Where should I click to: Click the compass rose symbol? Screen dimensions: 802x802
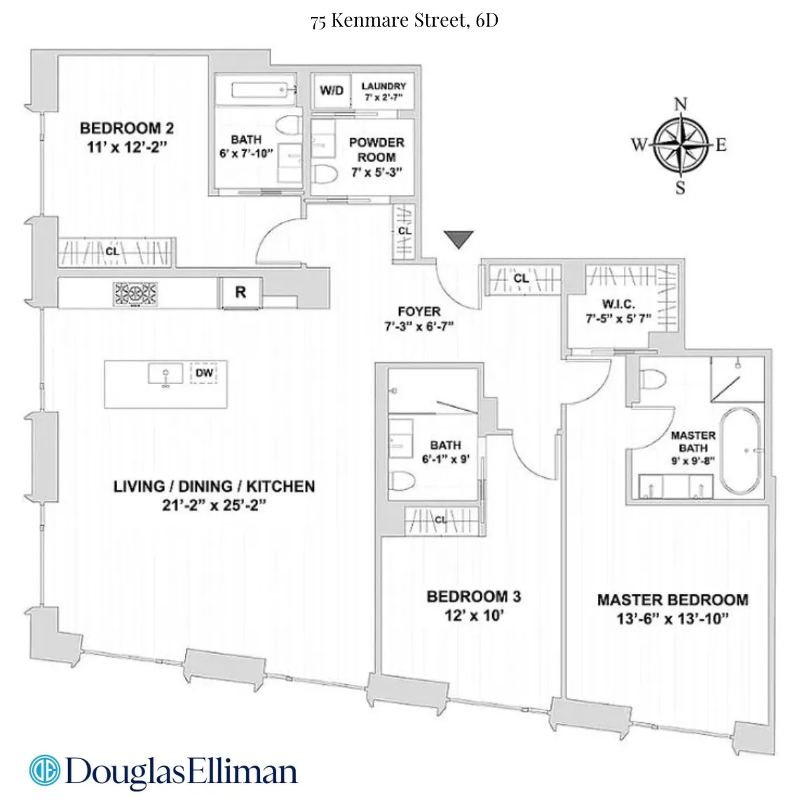[x=679, y=146]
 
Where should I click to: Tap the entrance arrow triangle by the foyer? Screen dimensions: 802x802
[x=459, y=239]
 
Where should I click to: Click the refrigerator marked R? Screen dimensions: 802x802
[x=240, y=292]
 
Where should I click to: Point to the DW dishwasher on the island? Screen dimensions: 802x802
[x=204, y=374]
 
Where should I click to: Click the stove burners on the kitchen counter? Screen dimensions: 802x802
[x=131, y=294]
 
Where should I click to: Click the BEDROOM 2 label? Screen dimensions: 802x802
[x=127, y=128]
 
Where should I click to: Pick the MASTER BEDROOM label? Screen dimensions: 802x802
[x=672, y=600]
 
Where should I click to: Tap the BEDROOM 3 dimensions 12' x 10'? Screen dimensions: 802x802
[x=474, y=616]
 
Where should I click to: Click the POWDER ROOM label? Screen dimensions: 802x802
[x=376, y=149]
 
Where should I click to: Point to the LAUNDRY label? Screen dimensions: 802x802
[x=383, y=86]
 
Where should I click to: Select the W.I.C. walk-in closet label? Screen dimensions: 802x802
[x=619, y=305]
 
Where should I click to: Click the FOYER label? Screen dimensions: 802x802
[x=419, y=311]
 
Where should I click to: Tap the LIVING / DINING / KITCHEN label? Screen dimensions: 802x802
[x=214, y=487]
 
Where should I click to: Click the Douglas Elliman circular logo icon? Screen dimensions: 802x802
[x=43, y=770]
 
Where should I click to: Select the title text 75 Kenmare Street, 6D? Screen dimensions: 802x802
[x=405, y=20]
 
